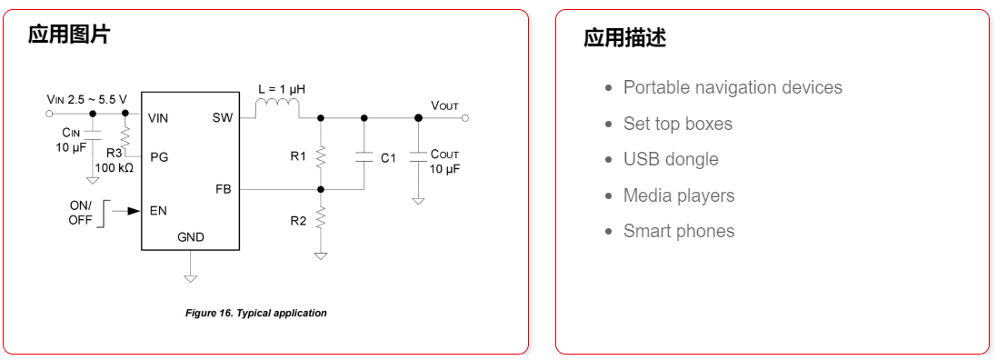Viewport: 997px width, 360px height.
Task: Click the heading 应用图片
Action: point(69,35)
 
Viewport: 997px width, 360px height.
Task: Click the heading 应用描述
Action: point(624,38)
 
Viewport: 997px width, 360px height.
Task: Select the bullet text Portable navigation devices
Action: point(733,87)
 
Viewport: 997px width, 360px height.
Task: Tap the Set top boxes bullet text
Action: point(677,124)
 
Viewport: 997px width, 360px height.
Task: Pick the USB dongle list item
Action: point(671,159)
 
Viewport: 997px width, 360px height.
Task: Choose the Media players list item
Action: point(678,195)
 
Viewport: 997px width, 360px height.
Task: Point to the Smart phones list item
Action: point(678,231)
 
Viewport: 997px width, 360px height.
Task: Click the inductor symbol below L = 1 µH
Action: point(276,110)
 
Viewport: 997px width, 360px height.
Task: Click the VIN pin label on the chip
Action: point(158,117)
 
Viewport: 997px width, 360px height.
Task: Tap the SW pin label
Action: point(223,117)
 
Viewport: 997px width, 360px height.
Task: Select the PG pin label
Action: point(159,156)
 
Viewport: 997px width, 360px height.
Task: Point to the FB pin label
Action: point(224,190)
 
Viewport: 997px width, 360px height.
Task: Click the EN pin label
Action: point(158,211)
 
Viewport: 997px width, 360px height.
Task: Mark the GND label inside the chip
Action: point(191,237)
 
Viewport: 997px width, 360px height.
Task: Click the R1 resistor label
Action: point(298,156)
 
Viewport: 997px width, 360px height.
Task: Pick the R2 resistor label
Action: point(298,220)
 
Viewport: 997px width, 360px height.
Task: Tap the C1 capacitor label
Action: point(388,158)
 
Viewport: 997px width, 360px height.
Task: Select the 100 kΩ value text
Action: point(114,168)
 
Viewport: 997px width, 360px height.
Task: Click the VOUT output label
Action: point(444,105)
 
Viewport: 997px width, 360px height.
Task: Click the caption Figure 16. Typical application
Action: point(255,313)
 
